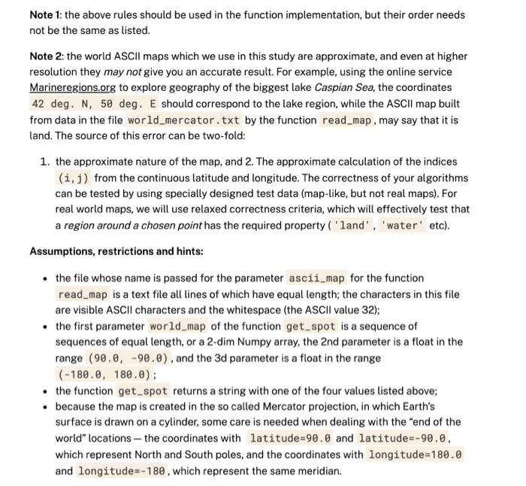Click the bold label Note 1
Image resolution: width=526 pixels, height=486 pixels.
click(47, 15)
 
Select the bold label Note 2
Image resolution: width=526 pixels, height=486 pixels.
click(48, 56)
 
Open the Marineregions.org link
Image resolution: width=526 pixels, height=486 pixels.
click(72, 88)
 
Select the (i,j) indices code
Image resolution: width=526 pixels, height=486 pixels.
click(74, 178)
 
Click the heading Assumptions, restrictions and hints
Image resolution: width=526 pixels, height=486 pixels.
click(116, 251)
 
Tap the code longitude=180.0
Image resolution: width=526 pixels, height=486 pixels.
click(415, 454)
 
